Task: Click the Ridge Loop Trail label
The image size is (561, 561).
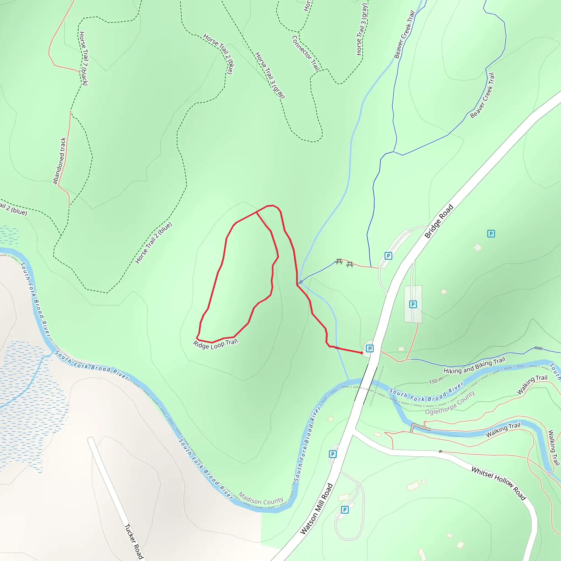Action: (x=216, y=344)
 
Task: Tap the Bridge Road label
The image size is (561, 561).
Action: (x=439, y=221)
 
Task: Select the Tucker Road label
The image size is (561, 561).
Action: (x=134, y=542)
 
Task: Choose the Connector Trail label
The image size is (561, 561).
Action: (x=306, y=53)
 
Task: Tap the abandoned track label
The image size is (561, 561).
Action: (x=59, y=161)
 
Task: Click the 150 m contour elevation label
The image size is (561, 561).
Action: (x=436, y=380)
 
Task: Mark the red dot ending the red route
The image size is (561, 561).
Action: (x=362, y=353)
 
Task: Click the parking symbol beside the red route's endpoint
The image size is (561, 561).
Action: (x=370, y=348)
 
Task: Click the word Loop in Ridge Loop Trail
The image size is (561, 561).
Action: (x=217, y=345)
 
